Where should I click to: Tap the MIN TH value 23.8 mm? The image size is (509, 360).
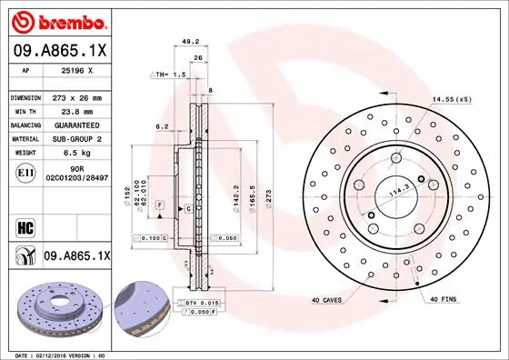pos(77,111)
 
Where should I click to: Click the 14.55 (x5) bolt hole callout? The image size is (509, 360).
pos(453,97)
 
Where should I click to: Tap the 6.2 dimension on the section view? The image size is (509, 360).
pos(162,126)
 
